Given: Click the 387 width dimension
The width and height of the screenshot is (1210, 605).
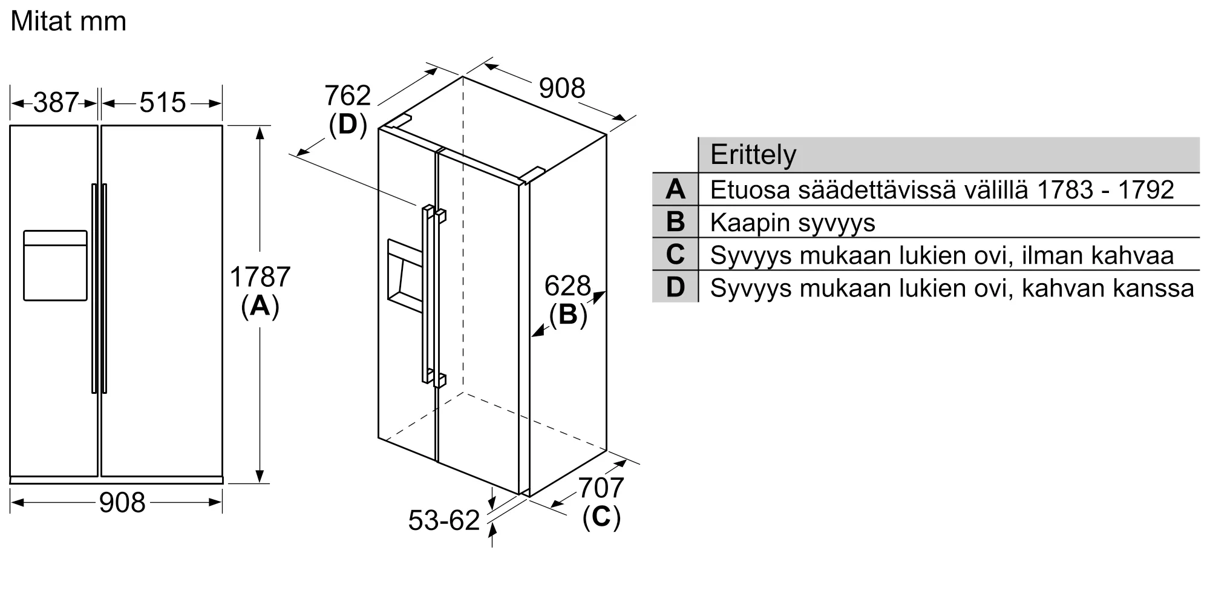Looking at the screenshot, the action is click(56, 103).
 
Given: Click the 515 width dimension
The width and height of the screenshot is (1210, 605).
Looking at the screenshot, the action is click(163, 103).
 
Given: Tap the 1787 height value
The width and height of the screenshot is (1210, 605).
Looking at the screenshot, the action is click(260, 277).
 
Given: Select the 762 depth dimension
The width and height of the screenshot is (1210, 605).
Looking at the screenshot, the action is click(347, 96).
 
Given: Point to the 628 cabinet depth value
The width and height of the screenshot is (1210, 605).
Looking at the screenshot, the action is click(567, 286).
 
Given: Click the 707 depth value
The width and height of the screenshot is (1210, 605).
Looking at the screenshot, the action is click(601, 488).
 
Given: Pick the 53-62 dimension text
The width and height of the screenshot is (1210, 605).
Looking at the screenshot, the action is click(444, 520).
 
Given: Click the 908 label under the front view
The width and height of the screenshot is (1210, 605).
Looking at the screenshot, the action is click(122, 503).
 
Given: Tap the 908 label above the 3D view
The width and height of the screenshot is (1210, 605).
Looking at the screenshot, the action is click(562, 88).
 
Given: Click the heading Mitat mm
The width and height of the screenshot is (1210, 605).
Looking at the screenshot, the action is click(68, 22).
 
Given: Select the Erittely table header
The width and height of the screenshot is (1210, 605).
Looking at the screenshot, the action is click(753, 154).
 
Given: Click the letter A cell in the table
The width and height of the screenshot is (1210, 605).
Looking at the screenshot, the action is click(675, 189).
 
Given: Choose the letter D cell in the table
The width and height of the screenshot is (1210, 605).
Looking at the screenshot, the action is click(675, 287).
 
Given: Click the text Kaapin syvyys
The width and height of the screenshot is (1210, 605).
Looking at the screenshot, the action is click(793, 223).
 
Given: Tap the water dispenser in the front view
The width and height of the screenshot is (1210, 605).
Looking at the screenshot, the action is click(55, 266).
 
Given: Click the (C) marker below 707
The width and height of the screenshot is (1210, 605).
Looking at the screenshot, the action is click(601, 517).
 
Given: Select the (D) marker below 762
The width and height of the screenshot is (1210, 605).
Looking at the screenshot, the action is click(348, 125).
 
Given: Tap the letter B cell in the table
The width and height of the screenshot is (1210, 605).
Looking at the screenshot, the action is click(675, 222).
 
